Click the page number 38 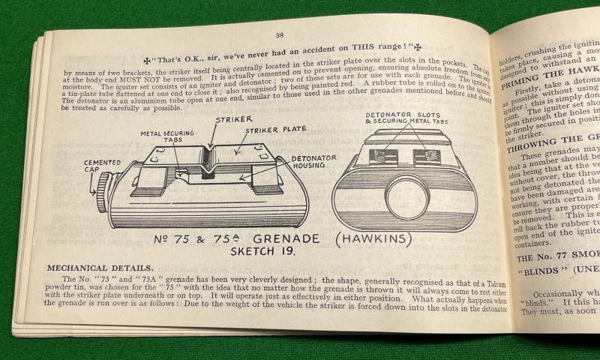coord(279,34)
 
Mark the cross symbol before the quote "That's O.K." coord(148,58)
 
